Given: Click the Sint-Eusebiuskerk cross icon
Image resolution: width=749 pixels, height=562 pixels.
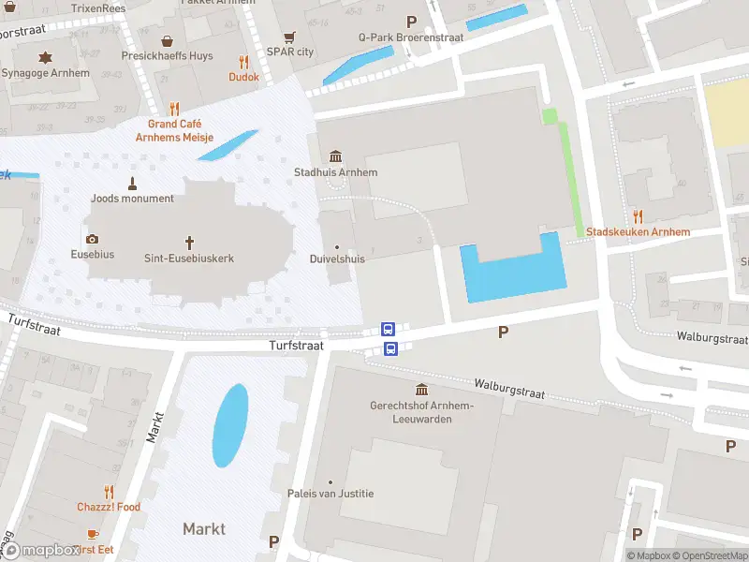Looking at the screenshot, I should (189, 241).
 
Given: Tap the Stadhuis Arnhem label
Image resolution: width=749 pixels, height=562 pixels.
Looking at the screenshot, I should (335, 172).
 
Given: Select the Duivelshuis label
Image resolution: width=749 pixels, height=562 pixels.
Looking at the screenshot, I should (336, 259).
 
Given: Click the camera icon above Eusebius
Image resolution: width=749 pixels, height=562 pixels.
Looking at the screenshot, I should (92, 239).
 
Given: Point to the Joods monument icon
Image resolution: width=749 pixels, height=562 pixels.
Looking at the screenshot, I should (133, 182).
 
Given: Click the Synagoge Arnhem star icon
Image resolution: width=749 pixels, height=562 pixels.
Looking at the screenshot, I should (44, 58).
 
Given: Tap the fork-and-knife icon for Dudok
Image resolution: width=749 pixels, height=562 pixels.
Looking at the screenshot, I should (243, 62).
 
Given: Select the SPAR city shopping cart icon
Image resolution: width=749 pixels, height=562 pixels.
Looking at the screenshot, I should (289, 37).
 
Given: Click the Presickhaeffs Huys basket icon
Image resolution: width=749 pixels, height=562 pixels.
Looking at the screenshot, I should (167, 41).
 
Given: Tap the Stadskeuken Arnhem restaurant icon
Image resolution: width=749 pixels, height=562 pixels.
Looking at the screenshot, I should (638, 216).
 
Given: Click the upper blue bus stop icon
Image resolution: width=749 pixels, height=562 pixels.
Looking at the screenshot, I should (389, 329).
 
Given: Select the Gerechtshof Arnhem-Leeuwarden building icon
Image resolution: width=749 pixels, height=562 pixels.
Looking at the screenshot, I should (421, 390).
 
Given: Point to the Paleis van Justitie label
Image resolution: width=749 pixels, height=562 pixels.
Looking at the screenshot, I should (330, 494).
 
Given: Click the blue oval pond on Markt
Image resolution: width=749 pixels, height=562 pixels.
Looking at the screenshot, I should (230, 424).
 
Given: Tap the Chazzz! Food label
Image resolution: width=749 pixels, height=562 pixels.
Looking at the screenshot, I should (109, 507).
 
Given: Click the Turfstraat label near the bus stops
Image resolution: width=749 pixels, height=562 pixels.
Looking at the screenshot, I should (297, 346).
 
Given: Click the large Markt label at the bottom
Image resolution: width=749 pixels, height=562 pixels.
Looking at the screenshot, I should (204, 529).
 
